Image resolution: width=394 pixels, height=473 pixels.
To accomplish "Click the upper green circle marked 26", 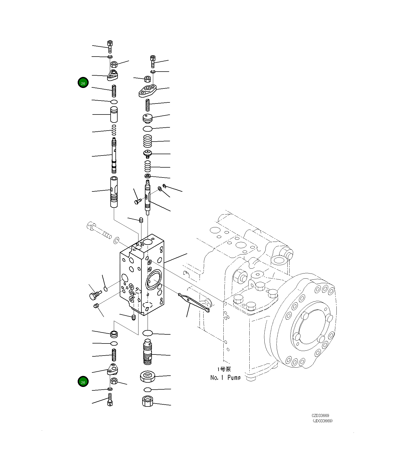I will click(x=83, y=83).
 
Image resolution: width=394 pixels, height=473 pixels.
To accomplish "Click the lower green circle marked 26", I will click(x=83, y=382).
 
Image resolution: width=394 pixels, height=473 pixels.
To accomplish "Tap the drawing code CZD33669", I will click(x=320, y=415).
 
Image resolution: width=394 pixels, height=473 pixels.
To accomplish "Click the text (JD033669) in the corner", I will click(x=322, y=421).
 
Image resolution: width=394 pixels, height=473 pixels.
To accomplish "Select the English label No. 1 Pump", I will click(x=225, y=378).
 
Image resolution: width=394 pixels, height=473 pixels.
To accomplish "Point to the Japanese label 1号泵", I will click(x=224, y=369).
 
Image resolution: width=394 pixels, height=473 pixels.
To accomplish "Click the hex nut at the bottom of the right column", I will click(x=147, y=401).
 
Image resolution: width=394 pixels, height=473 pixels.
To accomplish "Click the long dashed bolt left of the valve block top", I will click(x=99, y=231).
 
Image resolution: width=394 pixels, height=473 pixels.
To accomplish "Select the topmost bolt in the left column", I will click(x=110, y=46).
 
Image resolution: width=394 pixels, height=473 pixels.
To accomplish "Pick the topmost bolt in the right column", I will click(x=153, y=61).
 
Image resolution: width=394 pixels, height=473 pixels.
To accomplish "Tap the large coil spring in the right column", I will click(x=147, y=141).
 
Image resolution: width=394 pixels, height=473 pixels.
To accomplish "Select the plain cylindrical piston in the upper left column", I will click(x=114, y=114).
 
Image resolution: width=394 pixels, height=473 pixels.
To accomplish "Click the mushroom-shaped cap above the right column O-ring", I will click(x=147, y=118).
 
